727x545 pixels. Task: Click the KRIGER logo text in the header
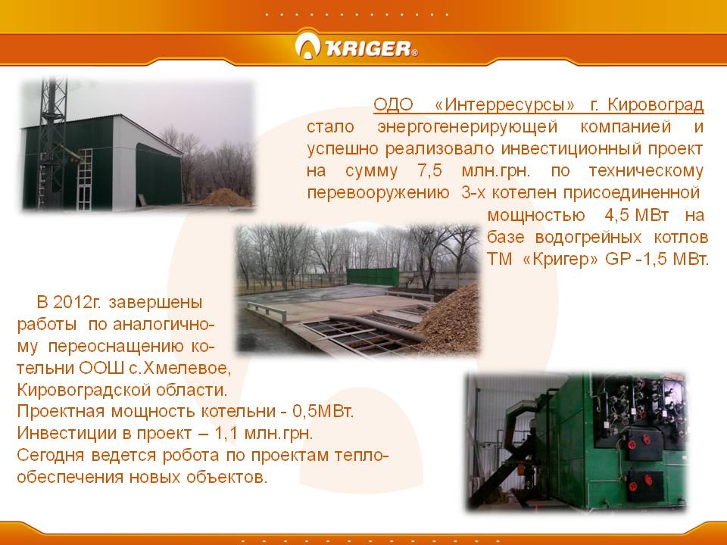click(x=369, y=48)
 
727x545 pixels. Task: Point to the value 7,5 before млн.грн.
click(x=430, y=171)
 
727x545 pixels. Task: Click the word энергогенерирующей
click(x=467, y=126)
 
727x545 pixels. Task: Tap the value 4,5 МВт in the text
click(x=637, y=215)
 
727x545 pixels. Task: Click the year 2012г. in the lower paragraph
click(x=76, y=302)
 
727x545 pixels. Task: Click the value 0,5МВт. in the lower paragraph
click(x=323, y=411)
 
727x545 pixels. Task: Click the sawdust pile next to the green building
click(x=226, y=198)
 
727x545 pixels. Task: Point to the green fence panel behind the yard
click(x=373, y=277)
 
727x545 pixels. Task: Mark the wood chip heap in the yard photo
click(x=447, y=322)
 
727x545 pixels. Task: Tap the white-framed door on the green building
click(x=84, y=179)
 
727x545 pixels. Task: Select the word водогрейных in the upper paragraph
click(x=588, y=238)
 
